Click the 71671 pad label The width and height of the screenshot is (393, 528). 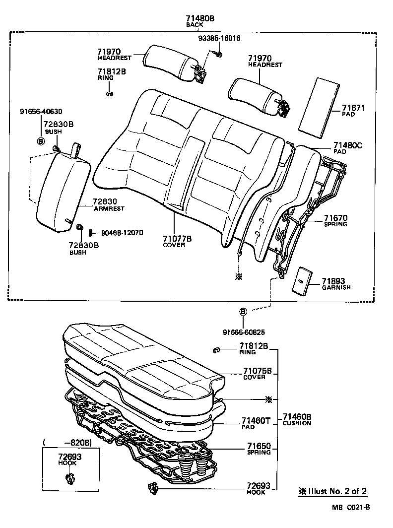click(x=353, y=108)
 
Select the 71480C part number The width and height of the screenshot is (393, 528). click(x=348, y=145)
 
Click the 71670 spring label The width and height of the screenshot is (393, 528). click(x=335, y=218)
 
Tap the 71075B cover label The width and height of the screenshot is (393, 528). click(x=257, y=371)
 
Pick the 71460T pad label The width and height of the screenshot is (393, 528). click(x=257, y=421)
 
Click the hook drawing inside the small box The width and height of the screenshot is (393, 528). click(x=69, y=478)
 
